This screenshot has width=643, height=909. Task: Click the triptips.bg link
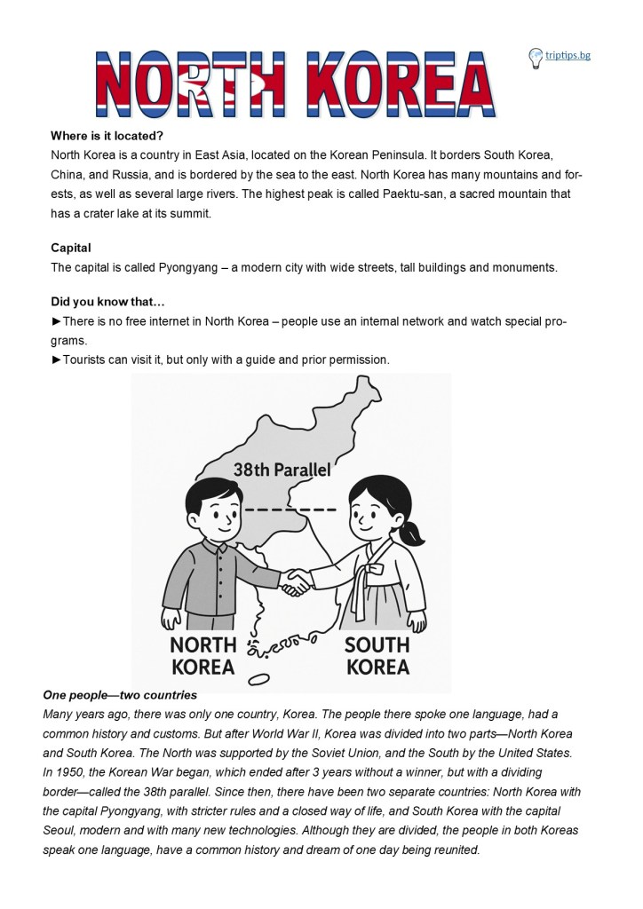click(568, 56)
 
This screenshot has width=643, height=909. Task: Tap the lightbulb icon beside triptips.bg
click(536, 58)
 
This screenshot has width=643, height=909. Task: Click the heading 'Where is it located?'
click(107, 136)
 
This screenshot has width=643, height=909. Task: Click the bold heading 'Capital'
click(71, 248)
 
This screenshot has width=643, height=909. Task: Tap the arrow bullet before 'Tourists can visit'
click(57, 360)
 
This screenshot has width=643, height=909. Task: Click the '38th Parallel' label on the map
click(282, 470)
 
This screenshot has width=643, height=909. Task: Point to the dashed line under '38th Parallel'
click(290, 510)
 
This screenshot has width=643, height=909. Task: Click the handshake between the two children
click(293, 582)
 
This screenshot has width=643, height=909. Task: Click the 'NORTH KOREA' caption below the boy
click(202, 655)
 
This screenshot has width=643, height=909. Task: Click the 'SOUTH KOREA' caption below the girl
click(377, 655)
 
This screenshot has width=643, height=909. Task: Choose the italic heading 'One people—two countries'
click(120, 695)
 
